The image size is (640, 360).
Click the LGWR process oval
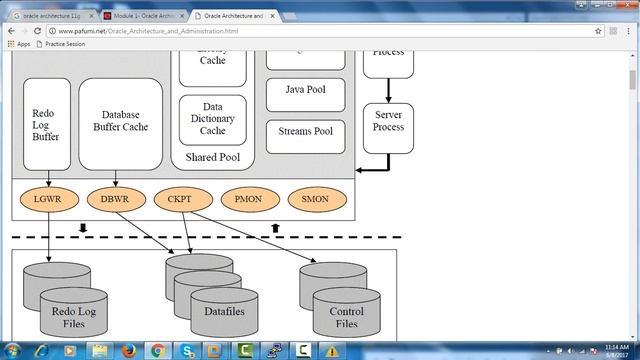click(x=47, y=198)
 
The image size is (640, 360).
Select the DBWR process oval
click(x=114, y=198)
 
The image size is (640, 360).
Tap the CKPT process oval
click(x=180, y=198)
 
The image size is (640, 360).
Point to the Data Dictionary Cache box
click(x=212, y=119)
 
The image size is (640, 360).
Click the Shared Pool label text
click(x=212, y=158)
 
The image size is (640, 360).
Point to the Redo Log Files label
click(x=72, y=318)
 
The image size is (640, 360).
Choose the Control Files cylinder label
click(x=346, y=318)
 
